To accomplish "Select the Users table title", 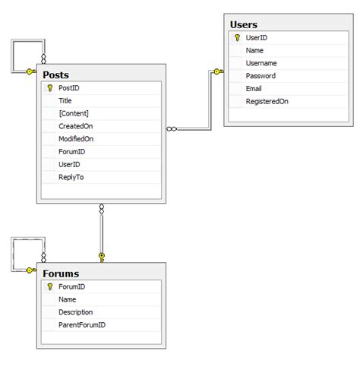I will tap(243, 24).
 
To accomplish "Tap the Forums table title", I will tap(61, 274).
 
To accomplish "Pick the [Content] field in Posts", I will tap(74, 113).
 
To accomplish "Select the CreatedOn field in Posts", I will tap(75, 126).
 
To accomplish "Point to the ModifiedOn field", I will tap(77, 139).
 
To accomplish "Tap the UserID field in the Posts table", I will tap(69, 164).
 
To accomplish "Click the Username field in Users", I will tap(261, 63).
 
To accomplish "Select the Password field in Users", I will tap(261, 76).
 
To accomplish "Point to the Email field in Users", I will tap(255, 88).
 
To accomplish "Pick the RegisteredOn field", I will tap(267, 101).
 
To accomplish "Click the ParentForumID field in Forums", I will tap(82, 324).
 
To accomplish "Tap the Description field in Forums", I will tap(76, 311).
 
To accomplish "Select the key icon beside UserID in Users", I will tap(238, 37).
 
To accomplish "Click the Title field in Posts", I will tap(65, 101).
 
